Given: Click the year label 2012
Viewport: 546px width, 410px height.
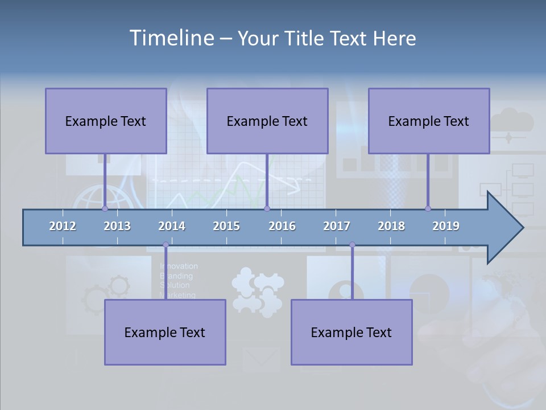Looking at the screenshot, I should coord(63,226).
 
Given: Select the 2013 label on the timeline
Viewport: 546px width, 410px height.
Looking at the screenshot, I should coord(117,226).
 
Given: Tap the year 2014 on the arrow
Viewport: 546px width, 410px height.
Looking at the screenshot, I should coord(172,226).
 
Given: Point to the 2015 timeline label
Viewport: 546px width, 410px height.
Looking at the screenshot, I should coord(226,226).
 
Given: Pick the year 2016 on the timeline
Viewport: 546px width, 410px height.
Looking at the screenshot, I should coord(282,226).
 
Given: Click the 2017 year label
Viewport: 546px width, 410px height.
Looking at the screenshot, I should coord(337,226).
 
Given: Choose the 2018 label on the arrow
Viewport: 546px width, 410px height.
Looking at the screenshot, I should coord(391,226).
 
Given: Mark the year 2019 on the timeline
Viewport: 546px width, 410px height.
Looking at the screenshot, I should coord(446,226).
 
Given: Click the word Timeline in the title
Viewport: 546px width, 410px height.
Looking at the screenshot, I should coord(171,38).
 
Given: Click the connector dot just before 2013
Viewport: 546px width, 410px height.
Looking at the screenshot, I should coord(105,208).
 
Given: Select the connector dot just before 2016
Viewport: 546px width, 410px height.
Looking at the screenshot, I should coord(267,208).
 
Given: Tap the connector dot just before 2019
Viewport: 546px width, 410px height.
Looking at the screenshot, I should coord(428,208).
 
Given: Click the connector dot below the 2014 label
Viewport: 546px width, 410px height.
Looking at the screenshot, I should coord(166,245).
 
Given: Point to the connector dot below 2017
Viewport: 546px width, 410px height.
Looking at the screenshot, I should coord(352,245).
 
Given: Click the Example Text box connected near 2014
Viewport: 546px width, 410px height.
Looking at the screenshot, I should coord(165,332).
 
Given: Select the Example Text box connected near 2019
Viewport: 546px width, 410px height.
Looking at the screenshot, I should coord(429,121).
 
